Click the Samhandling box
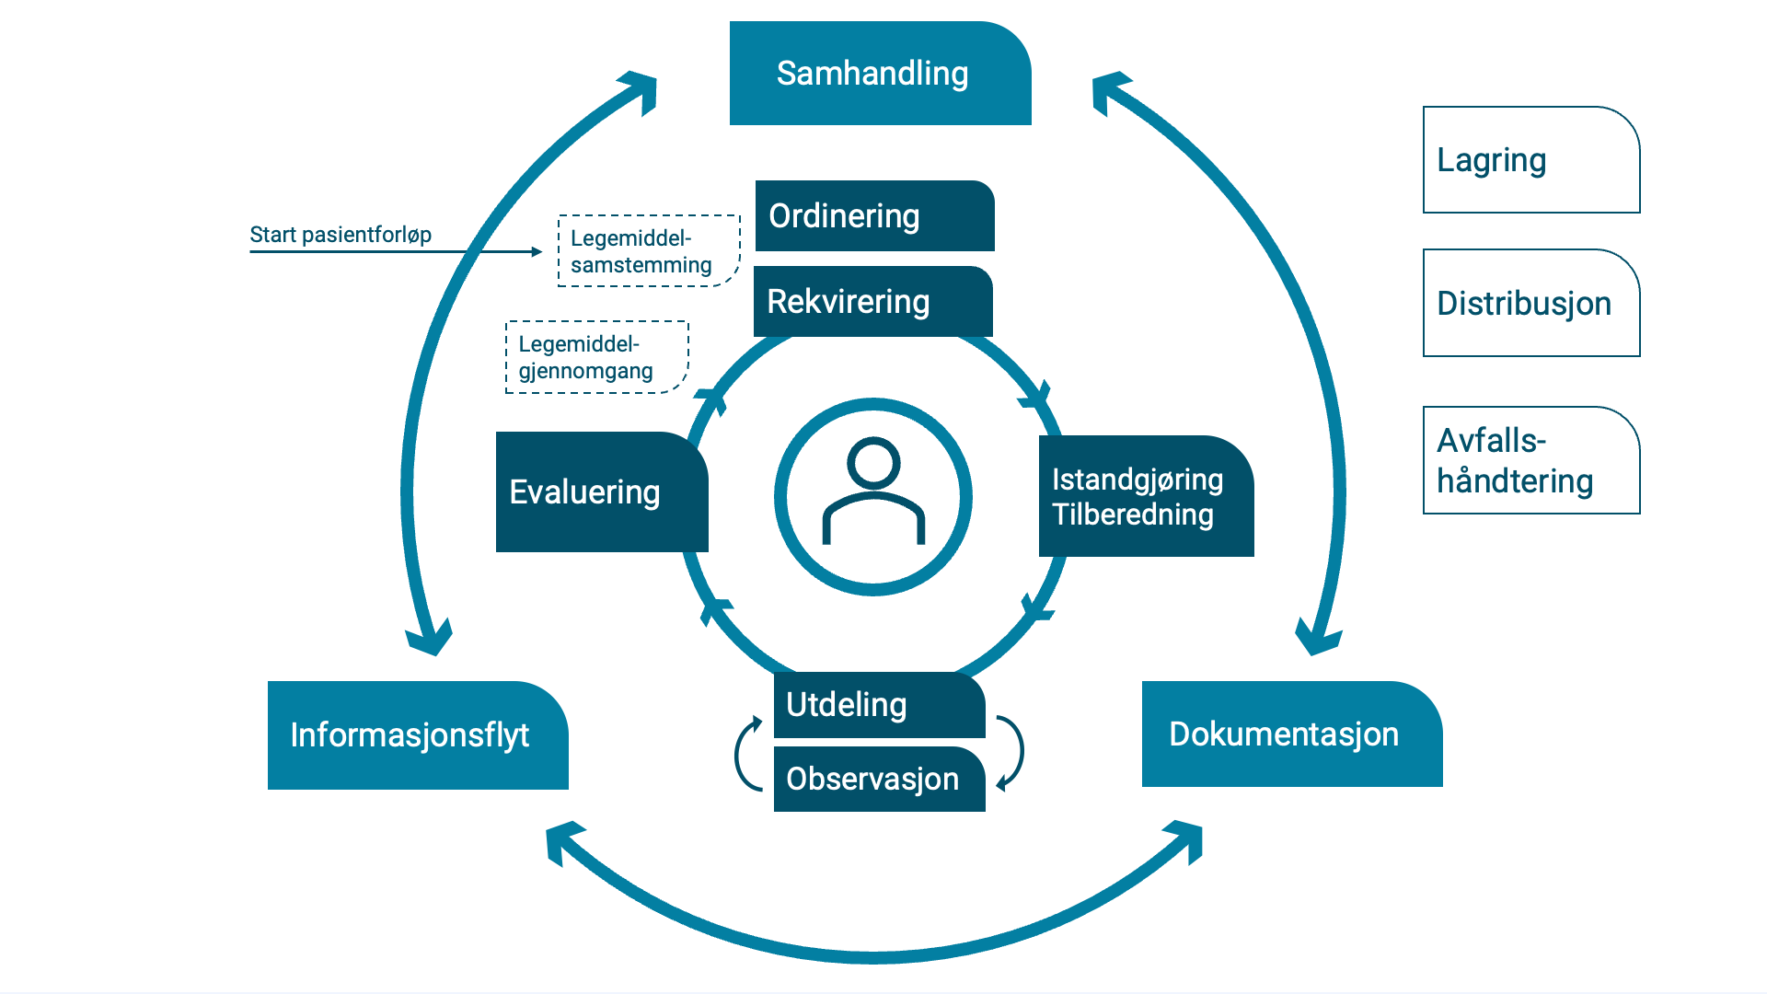pos(880,74)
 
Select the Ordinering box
pos(874,216)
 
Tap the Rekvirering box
pos(872,302)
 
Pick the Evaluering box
pos(600,492)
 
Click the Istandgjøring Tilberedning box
pos(1146,497)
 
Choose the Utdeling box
pos(879,705)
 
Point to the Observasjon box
pos(879,780)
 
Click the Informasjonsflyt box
pos(418,735)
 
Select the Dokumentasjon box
pos(1291,734)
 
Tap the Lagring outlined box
pos(1531,160)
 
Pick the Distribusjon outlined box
pos(1531,303)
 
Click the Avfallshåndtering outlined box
pos(1531,460)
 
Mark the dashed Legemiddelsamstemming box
pos(649,251)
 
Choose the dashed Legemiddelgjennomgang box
pos(596,357)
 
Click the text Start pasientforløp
pos(341,235)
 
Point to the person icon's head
pos(873,462)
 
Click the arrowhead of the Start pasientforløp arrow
pos(537,251)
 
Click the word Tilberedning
pos(1132,514)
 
